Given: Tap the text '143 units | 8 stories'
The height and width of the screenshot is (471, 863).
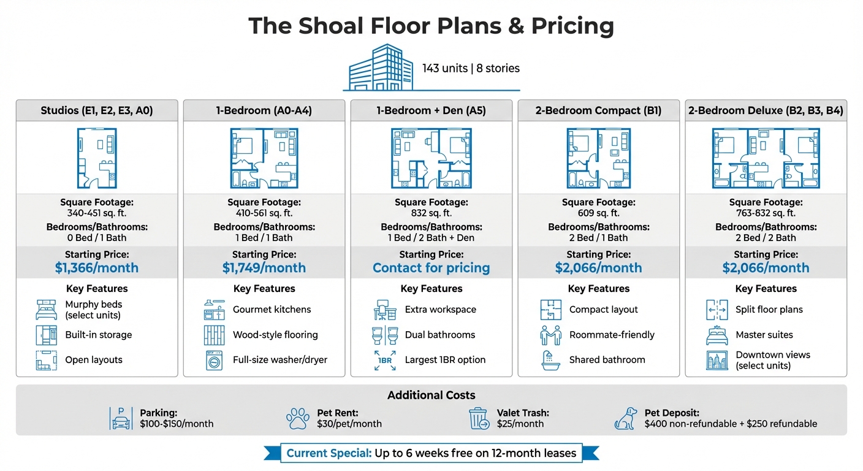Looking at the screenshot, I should pyautogui.click(x=471, y=68).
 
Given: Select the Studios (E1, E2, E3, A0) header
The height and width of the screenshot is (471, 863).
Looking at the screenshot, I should pyautogui.click(x=97, y=111).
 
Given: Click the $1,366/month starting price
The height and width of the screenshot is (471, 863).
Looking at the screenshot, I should pyautogui.click(x=97, y=268).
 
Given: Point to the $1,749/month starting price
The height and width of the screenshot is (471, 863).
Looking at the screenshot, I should pyautogui.click(x=264, y=268).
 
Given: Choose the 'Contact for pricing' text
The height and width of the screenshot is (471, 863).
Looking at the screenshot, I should pyautogui.click(x=431, y=268).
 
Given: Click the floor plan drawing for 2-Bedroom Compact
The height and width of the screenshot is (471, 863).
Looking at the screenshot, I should pyautogui.click(x=599, y=158).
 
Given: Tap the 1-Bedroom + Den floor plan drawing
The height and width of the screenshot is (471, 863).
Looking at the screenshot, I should pyautogui.click(x=431, y=158).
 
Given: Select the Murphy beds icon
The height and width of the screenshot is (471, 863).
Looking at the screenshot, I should pyautogui.click(x=47, y=310).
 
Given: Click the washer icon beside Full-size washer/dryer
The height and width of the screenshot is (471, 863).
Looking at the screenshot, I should pyautogui.click(x=214, y=360).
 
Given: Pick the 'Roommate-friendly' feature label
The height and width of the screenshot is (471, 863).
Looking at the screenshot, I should pyautogui.click(x=612, y=335).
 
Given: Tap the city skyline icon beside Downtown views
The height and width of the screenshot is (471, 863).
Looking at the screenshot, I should pyautogui.click(x=717, y=360).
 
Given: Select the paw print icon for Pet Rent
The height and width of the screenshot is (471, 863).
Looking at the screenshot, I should pyautogui.click(x=298, y=418).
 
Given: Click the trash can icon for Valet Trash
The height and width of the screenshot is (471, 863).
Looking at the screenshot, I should pyautogui.click(x=478, y=418).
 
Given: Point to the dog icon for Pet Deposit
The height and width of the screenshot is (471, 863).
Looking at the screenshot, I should pyautogui.click(x=625, y=418).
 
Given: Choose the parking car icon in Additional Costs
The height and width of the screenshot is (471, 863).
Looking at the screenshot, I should pyautogui.click(x=120, y=418).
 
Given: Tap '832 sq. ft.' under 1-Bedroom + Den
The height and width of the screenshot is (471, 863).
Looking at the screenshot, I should pyautogui.click(x=431, y=213).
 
